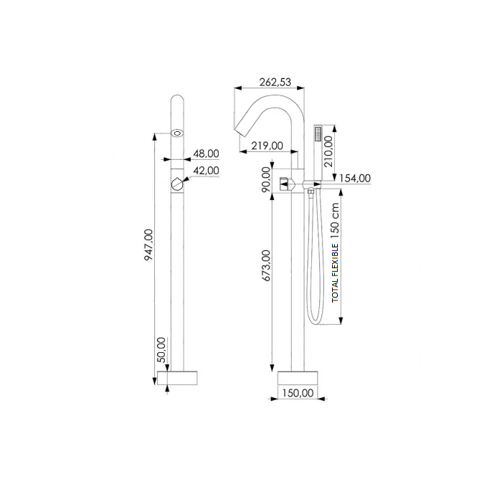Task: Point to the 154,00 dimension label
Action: tap(354, 178)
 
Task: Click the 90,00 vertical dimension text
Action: tap(267, 179)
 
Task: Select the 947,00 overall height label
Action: tap(148, 245)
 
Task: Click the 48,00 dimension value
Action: tap(206, 153)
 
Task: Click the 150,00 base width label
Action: tap(297, 392)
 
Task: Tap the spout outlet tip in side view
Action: tap(242, 131)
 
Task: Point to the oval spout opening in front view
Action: tap(176, 133)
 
